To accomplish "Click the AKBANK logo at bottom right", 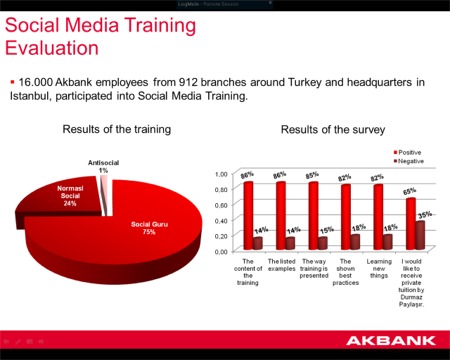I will click(x=393, y=340).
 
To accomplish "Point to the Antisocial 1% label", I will click(x=103, y=166).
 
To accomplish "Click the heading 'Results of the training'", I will click(x=117, y=129).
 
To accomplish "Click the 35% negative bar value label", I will click(x=424, y=214).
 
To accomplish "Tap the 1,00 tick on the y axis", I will click(x=221, y=174).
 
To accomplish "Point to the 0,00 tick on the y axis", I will click(x=221, y=251).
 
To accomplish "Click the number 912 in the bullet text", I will click(x=203, y=81).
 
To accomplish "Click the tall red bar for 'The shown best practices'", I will click(x=345, y=216).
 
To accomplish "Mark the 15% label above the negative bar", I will click(x=327, y=230).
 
